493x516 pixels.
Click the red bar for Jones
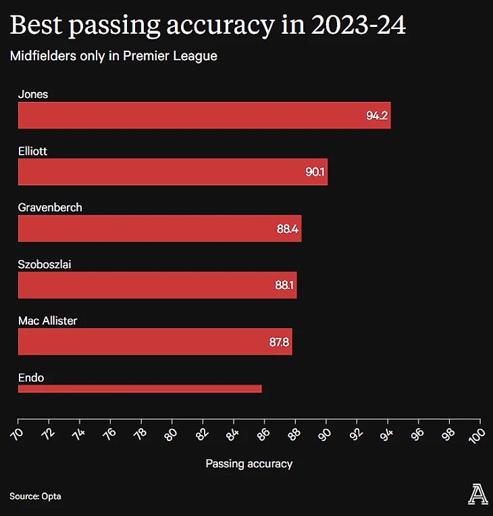[x=203, y=115]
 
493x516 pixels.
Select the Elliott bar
[x=172, y=172]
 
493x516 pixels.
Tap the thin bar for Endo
[x=139, y=388]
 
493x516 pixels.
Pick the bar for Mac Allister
[x=155, y=342]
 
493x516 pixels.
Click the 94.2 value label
[x=377, y=116]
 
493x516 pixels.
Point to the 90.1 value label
[x=315, y=172]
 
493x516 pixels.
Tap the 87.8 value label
[x=279, y=342]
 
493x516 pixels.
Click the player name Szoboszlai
[x=45, y=264]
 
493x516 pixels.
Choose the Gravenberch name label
[x=50, y=207]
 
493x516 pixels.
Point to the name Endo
[x=31, y=378]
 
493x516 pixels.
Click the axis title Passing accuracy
[x=249, y=463]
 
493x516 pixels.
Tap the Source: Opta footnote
[x=35, y=496]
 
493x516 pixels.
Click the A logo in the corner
[x=478, y=495]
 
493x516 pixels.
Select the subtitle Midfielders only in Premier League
[x=113, y=56]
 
